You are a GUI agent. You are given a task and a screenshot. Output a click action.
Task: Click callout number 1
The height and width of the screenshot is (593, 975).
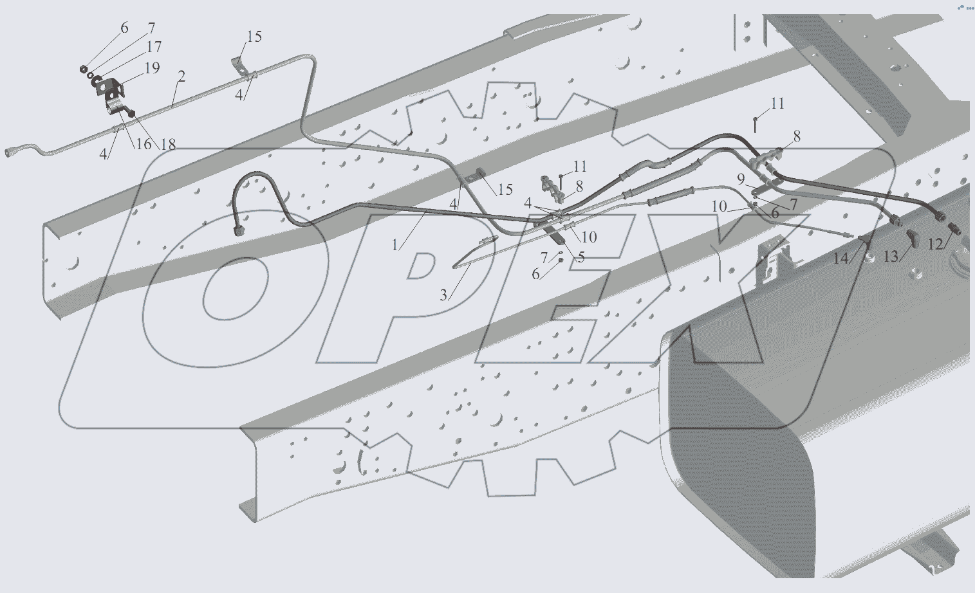tap(395, 246)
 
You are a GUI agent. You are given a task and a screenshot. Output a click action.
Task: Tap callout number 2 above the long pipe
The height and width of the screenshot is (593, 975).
tap(181, 77)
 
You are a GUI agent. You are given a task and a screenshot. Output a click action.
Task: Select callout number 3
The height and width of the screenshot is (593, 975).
tap(443, 295)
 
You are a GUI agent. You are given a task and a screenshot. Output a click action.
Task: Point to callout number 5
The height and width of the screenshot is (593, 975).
tap(581, 257)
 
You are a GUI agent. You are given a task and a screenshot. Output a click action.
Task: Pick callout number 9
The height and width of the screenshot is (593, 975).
tap(741, 179)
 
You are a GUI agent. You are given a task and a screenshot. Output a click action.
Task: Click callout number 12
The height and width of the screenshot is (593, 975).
tap(935, 244)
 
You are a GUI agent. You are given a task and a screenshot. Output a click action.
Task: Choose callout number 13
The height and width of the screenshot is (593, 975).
tap(891, 257)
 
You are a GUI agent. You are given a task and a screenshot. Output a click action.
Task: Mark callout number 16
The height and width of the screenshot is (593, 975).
tap(144, 143)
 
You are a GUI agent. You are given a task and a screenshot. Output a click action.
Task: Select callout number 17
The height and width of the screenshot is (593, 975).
tap(154, 46)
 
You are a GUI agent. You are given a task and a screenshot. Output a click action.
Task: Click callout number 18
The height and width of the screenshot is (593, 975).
tap(168, 145)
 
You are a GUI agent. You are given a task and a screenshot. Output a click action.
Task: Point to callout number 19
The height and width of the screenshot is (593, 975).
tap(152, 68)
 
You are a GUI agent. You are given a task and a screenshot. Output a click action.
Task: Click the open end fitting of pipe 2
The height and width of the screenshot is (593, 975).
tap(9, 152)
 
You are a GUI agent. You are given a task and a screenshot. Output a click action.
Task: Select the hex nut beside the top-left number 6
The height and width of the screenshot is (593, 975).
tap(83, 68)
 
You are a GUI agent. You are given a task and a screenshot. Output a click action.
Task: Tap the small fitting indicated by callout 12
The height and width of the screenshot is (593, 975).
tap(954, 228)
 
